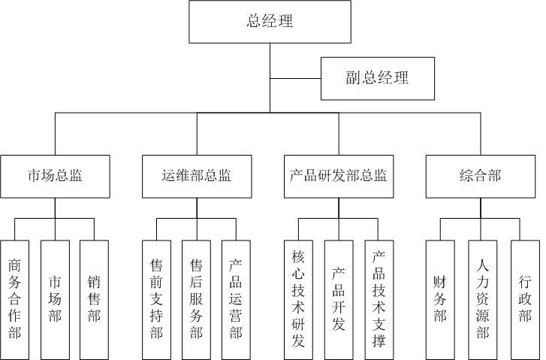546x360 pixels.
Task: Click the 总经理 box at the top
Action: coord(270,22)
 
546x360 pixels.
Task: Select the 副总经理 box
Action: coord(377,78)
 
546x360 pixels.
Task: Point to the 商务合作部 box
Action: coord(14,300)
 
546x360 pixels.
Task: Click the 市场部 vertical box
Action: coord(55,300)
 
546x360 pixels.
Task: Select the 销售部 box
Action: coord(94,300)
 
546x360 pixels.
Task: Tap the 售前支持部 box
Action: coord(156,300)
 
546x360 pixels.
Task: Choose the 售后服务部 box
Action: coord(196,300)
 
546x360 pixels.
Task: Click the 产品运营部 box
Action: coord(236,300)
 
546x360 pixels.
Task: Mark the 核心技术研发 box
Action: coord(298,300)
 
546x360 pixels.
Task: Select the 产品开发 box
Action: coord(338,300)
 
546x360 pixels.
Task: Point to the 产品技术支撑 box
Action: coord(379,300)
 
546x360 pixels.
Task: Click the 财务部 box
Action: coord(440,300)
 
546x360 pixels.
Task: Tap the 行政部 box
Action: coord(524,300)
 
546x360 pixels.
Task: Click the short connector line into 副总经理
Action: coord(295,78)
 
